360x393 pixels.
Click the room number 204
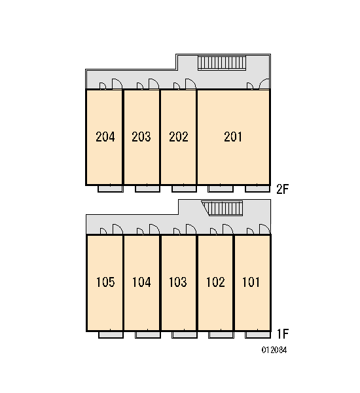pos(105,137)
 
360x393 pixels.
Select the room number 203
pos(141,137)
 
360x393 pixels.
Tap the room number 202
pos(179,137)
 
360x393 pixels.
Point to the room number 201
pos(233,137)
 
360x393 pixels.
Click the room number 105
pos(105,282)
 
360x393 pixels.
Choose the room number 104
pos(141,282)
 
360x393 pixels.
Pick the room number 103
pos(178,282)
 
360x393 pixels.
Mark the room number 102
pos(215,282)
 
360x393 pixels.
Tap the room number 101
pos(251,282)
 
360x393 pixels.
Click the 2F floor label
pos(283,189)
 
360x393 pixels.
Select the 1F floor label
pos(283,333)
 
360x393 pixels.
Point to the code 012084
pos(274,350)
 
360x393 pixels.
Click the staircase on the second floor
pos(222,63)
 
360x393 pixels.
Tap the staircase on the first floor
pos(222,208)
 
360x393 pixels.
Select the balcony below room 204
pos(111,189)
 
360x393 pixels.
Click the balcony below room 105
pos(111,335)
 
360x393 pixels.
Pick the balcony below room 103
pos(185,335)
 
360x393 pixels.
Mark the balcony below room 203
pos(147,189)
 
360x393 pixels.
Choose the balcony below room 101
pos(258,335)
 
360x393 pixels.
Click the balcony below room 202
pos(184,189)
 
